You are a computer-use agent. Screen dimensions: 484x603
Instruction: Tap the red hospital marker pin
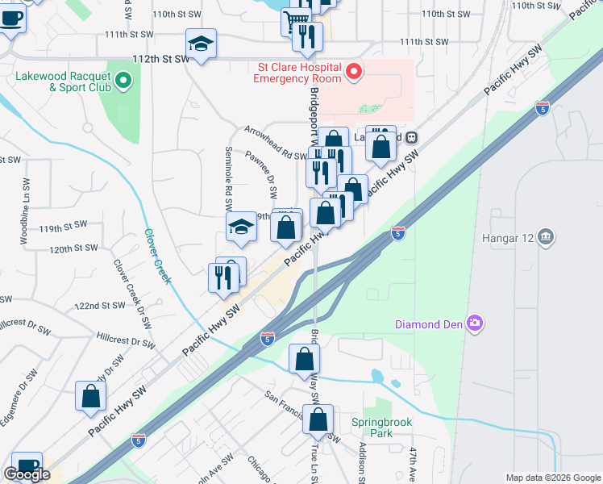click(353, 73)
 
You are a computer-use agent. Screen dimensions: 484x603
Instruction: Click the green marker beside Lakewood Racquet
click(123, 80)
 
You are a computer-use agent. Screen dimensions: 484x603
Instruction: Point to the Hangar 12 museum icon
click(547, 236)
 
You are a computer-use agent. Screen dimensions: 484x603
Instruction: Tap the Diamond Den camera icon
click(476, 323)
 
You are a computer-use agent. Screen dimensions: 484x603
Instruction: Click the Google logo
click(27, 474)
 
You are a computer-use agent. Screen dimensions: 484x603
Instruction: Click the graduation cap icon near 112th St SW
click(201, 44)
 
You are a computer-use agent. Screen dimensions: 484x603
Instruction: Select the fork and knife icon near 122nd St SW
click(223, 277)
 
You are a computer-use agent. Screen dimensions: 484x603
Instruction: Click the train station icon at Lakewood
click(410, 137)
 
